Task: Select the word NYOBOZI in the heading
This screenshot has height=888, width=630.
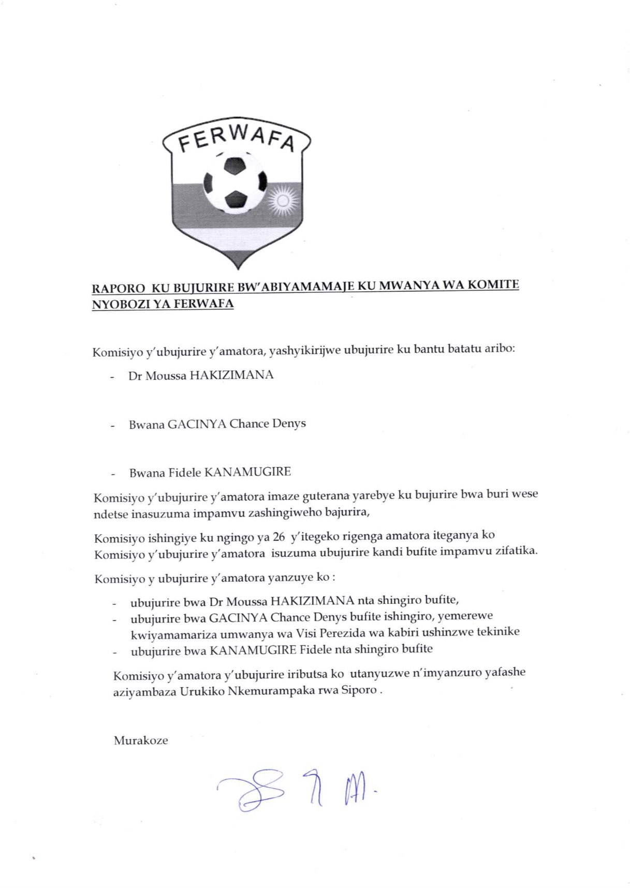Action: coord(118,304)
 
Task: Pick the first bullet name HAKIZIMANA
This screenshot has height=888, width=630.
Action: coord(231,375)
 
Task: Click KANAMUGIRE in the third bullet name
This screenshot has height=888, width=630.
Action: coord(248,472)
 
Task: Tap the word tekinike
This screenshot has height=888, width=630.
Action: coord(498,631)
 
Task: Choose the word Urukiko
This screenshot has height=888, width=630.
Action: coord(201,691)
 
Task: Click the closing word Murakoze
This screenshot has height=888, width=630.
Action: coord(141,741)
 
